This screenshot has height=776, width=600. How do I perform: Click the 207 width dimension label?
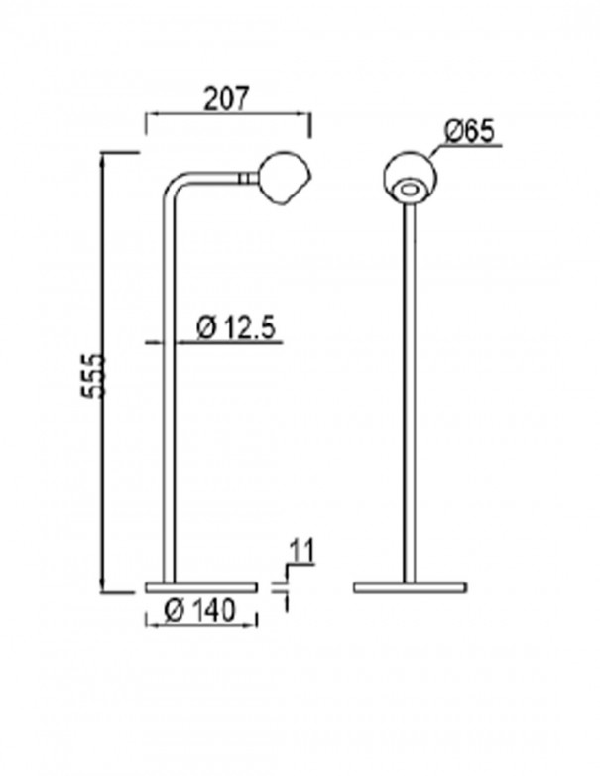225,99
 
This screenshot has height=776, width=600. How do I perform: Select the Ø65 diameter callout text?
469,132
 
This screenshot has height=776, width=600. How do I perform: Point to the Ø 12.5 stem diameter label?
235,328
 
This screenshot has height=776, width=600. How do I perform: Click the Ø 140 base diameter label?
199,610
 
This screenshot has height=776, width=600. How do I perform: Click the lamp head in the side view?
284,178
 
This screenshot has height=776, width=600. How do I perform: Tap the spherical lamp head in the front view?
409,176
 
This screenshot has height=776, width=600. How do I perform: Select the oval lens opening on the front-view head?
409,189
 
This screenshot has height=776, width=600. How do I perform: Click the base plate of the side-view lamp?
201,587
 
